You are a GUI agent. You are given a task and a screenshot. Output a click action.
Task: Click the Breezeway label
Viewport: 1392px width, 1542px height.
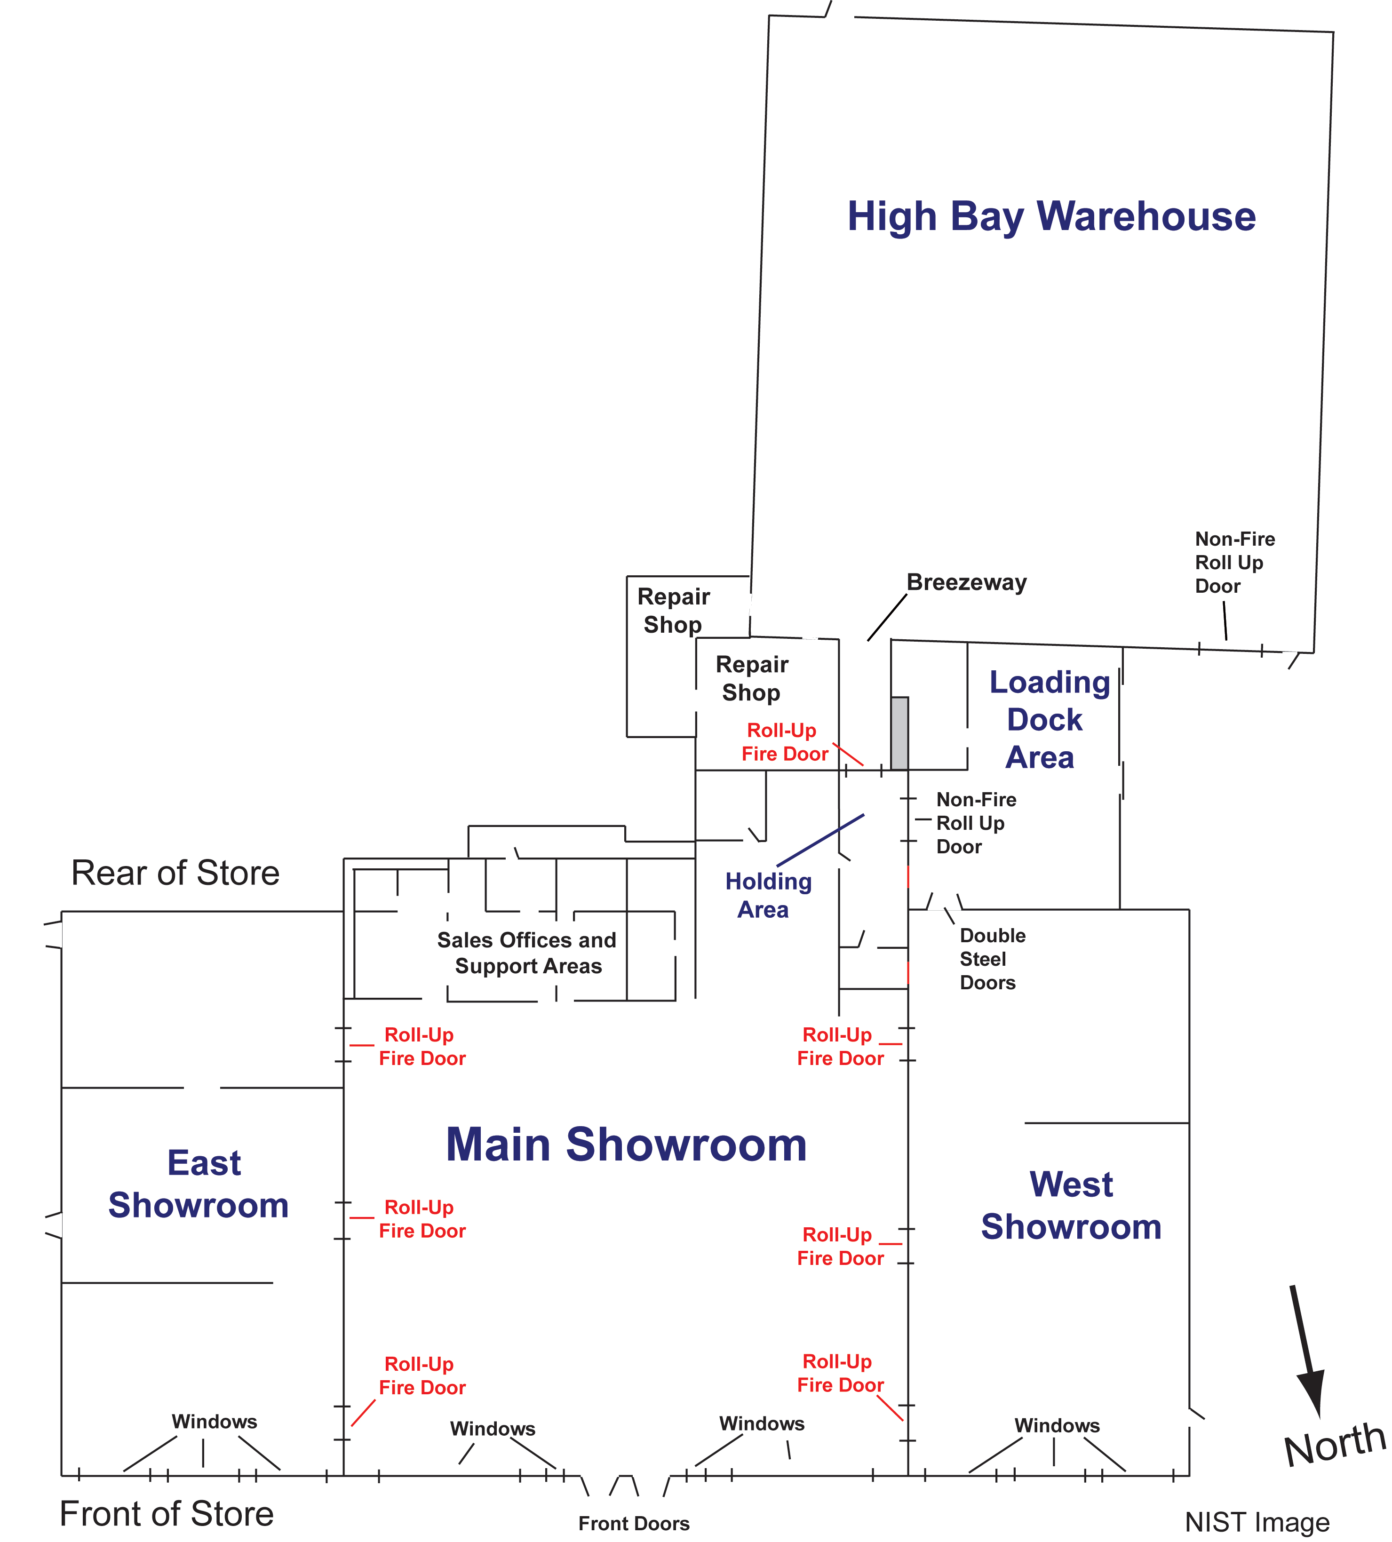click(966, 582)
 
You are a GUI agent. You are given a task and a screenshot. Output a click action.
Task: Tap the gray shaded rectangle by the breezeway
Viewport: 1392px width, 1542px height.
click(899, 733)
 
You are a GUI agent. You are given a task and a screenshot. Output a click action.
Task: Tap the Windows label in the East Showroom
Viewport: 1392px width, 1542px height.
click(214, 1421)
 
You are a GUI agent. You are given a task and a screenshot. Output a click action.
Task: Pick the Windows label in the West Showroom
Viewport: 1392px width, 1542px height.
click(1057, 1425)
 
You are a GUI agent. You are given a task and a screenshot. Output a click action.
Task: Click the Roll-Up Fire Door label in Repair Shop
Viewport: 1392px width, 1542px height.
click(783, 742)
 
